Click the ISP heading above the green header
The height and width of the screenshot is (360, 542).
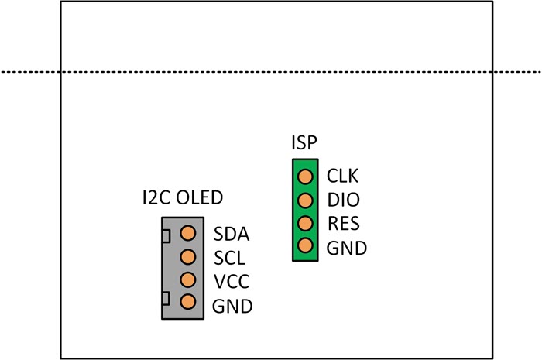click(304, 143)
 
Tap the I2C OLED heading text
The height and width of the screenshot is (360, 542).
click(182, 197)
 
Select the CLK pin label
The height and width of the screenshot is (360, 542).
click(342, 176)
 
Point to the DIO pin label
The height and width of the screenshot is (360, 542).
click(342, 200)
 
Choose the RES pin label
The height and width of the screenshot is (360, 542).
click(342, 225)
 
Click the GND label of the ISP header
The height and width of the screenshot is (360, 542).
click(346, 249)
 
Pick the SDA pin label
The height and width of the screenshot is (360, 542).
click(230, 233)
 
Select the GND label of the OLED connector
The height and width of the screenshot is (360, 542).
click(232, 306)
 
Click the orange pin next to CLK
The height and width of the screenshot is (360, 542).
click(305, 177)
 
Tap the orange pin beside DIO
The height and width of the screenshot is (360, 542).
click(305, 200)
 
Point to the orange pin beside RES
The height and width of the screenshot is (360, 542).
click(305, 224)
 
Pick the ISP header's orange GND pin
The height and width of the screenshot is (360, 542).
click(305, 247)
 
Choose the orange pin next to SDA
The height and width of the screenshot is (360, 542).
click(187, 232)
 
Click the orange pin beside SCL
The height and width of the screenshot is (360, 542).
click(187, 256)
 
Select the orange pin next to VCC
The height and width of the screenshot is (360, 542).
click(187, 279)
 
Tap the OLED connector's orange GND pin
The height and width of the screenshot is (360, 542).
click(187, 303)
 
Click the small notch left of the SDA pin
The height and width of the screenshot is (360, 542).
click(165, 234)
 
